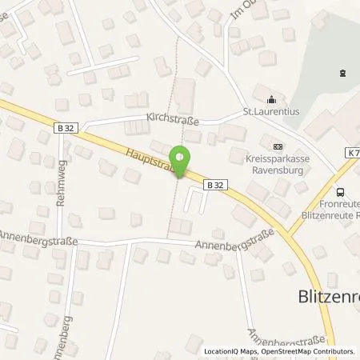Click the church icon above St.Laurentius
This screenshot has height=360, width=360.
(270, 100)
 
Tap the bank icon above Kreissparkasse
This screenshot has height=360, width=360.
(277, 146)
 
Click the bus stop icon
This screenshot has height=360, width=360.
(341, 191)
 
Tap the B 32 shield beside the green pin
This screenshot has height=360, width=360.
(214, 183)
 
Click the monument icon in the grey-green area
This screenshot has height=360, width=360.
(342, 73)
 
